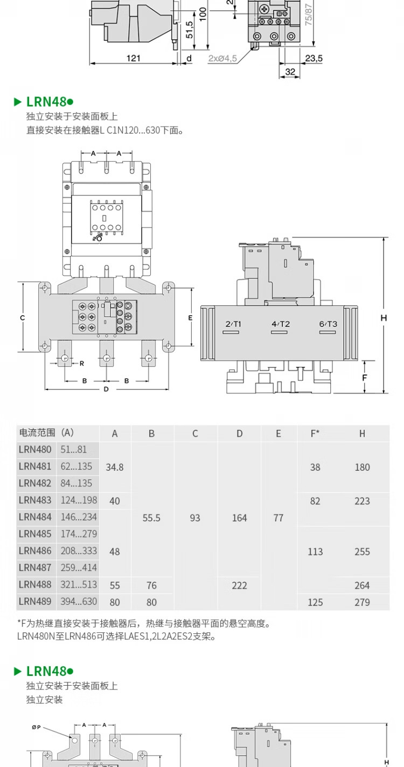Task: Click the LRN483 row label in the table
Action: (x=35, y=500)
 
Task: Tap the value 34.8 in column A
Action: (x=115, y=467)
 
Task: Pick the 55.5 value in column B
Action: (x=151, y=518)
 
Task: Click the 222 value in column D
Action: (x=239, y=585)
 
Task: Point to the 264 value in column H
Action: (x=362, y=585)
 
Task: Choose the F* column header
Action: (x=315, y=434)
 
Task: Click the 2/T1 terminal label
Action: (x=233, y=324)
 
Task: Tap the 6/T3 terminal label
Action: (x=328, y=324)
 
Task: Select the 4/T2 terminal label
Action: (x=281, y=324)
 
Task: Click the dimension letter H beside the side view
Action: (x=384, y=318)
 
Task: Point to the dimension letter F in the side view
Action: (x=365, y=377)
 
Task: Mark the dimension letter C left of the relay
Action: (x=23, y=318)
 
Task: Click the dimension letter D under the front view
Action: (x=106, y=389)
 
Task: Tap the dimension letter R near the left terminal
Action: (x=82, y=363)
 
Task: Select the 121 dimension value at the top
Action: (x=134, y=58)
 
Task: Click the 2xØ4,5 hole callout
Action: (x=222, y=58)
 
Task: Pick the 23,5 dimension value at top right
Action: (x=314, y=58)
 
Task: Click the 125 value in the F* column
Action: (x=315, y=602)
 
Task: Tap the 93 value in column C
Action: (x=195, y=518)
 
